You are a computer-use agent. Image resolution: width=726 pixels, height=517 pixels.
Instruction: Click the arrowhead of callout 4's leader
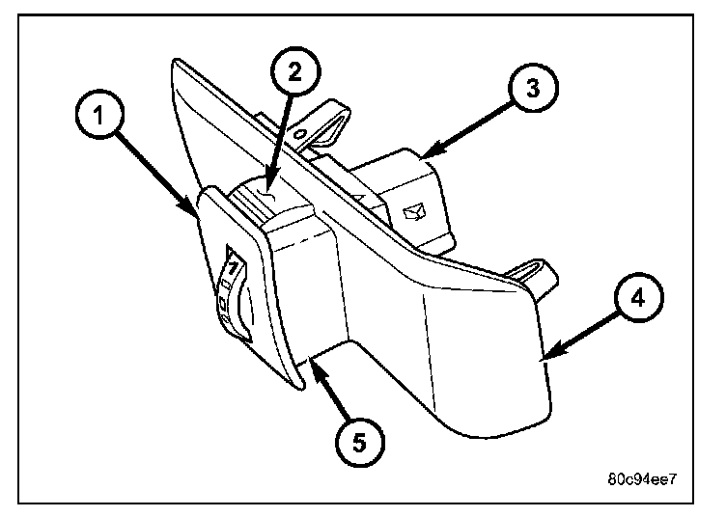546,359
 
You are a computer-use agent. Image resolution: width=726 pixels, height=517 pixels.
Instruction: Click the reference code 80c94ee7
644,479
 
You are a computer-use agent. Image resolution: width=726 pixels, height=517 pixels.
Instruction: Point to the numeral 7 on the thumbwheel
231,263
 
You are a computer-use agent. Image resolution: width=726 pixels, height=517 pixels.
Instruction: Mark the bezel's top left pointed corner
173,63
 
